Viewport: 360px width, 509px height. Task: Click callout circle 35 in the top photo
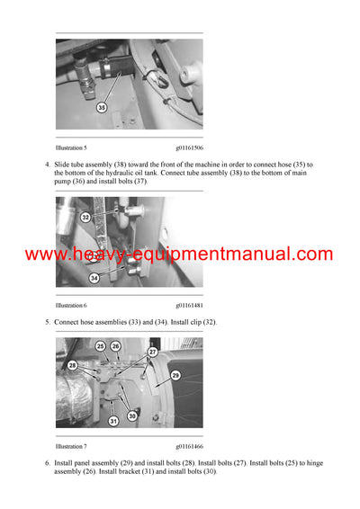(x=101, y=108)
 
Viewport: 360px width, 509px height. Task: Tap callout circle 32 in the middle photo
(x=85, y=217)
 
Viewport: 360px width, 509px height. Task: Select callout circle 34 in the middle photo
(x=93, y=277)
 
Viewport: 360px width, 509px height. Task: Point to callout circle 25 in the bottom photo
(x=100, y=346)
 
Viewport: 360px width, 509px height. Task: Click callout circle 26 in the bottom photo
(x=115, y=346)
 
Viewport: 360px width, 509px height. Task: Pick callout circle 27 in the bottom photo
(x=152, y=352)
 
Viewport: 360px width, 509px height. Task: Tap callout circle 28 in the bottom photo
(x=72, y=365)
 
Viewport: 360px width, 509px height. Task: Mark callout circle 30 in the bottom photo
(x=132, y=415)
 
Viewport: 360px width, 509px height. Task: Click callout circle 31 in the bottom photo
(x=112, y=421)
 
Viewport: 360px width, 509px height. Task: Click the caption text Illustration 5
(x=71, y=147)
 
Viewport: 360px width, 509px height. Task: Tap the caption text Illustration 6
(x=71, y=306)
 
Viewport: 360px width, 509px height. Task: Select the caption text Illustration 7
(x=71, y=446)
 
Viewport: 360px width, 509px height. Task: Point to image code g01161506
(x=189, y=147)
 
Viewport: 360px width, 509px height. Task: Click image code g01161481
(x=189, y=306)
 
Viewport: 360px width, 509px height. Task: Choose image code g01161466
(x=189, y=446)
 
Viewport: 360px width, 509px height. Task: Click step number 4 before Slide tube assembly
(x=47, y=164)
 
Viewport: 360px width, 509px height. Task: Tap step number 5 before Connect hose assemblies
(x=47, y=322)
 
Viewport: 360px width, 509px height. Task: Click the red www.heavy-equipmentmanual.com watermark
(x=179, y=254)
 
